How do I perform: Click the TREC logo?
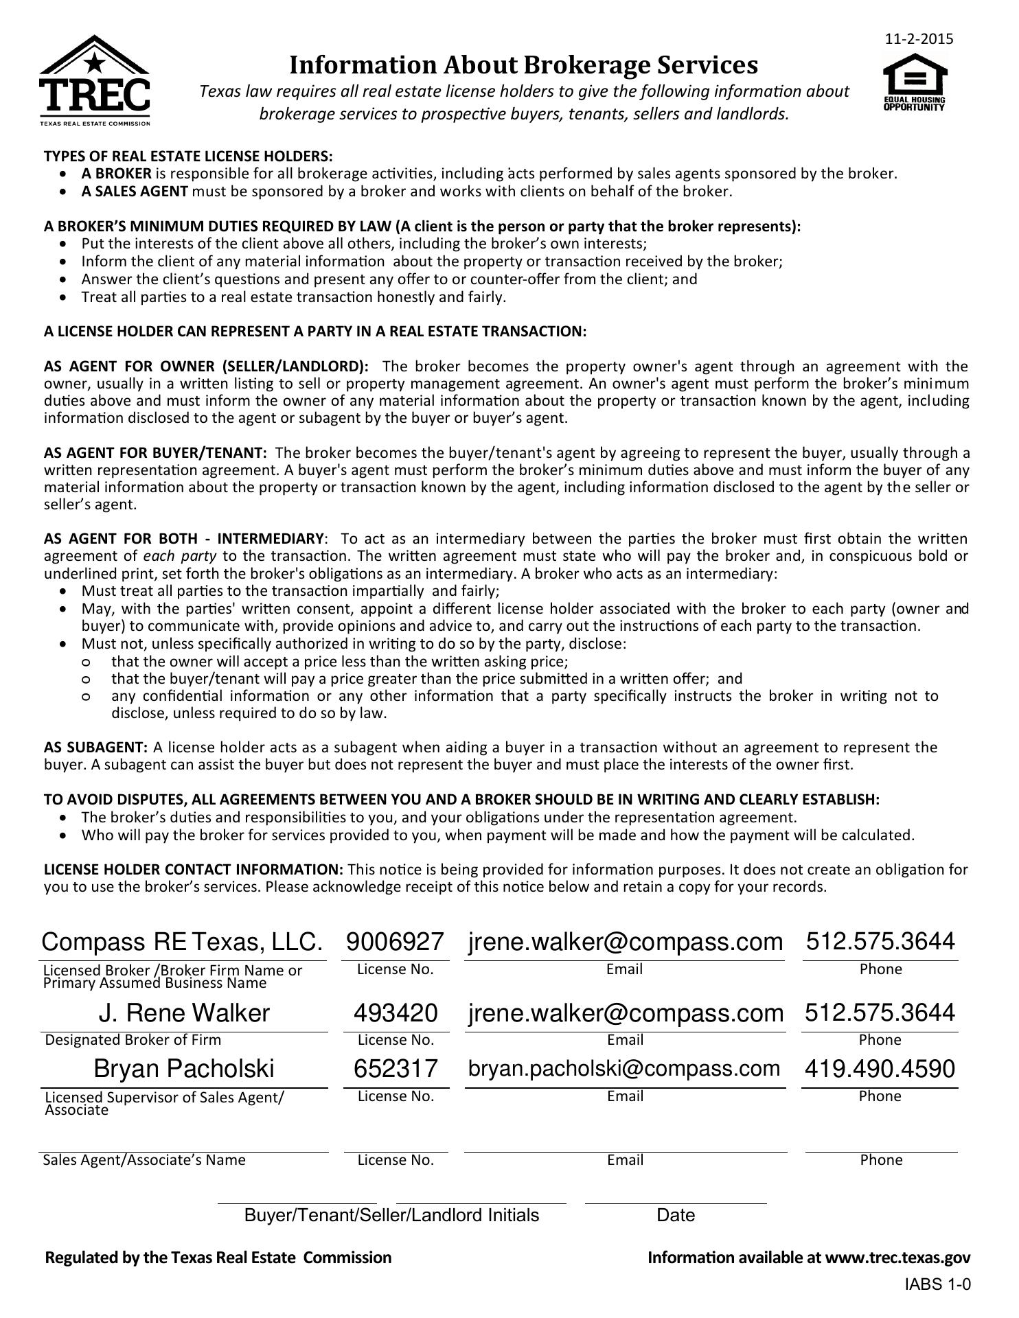(94, 81)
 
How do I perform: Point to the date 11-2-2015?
(919, 39)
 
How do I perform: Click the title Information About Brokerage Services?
(523, 65)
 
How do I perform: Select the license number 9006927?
(396, 941)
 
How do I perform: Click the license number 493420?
(396, 1013)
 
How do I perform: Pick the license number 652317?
(396, 1069)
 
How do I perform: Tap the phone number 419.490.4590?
(880, 1069)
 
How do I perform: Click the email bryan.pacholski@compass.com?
(624, 1069)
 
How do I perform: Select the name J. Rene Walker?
(184, 1013)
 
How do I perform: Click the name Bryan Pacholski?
(184, 1069)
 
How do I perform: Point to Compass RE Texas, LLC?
(182, 941)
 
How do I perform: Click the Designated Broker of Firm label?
(133, 1040)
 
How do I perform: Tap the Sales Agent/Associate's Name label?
(144, 1160)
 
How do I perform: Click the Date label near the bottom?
(676, 1216)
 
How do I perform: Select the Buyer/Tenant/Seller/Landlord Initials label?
(391, 1216)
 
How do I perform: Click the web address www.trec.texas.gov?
(897, 1258)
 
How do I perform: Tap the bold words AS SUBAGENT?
(95, 747)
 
